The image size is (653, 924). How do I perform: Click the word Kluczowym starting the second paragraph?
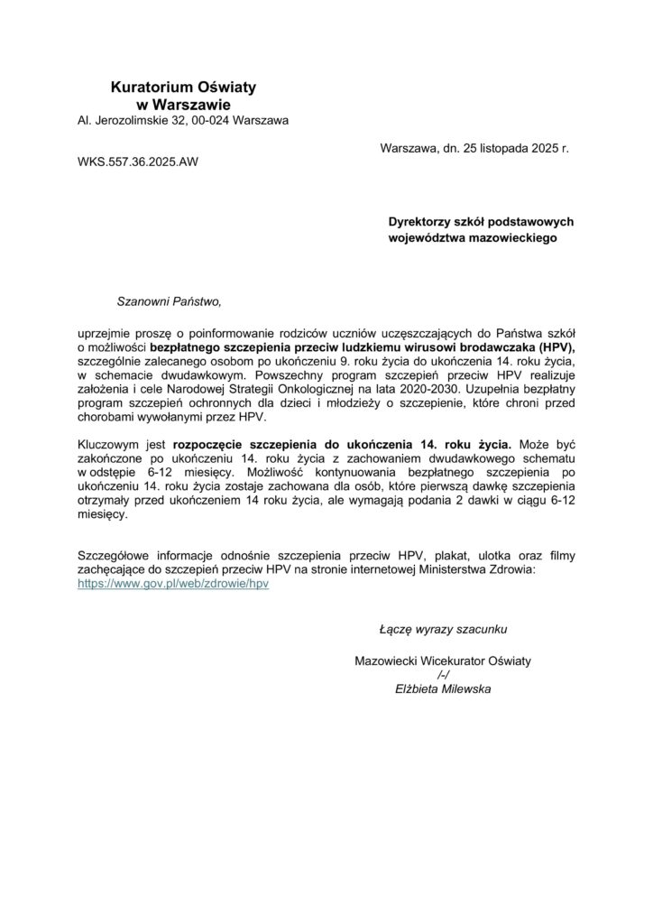click(x=111, y=444)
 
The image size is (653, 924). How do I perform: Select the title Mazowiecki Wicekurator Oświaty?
click(x=445, y=661)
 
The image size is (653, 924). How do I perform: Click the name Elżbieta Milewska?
click(x=445, y=689)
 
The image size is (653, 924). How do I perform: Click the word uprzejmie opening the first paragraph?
click(x=109, y=333)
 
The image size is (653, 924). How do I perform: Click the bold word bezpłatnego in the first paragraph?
click(x=186, y=346)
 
